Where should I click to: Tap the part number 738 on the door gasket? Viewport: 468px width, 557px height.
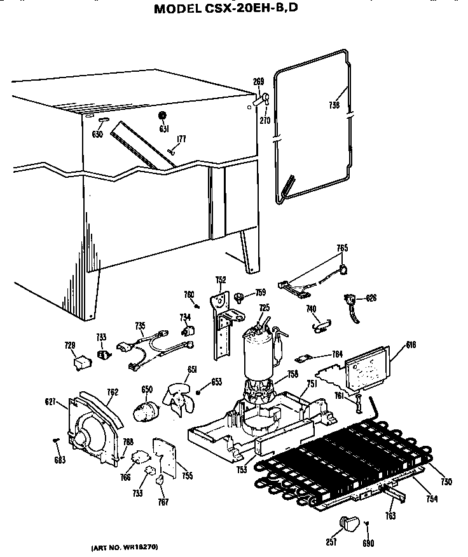point(334,105)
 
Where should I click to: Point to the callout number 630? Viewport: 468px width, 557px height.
point(97,135)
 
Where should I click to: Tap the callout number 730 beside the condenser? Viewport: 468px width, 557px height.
point(446,483)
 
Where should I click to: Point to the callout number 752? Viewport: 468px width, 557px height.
point(221,279)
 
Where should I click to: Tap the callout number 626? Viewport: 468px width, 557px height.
point(371,297)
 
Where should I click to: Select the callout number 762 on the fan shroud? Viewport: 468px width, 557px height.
point(112,392)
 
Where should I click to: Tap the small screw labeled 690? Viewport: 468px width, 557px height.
point(367,523)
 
